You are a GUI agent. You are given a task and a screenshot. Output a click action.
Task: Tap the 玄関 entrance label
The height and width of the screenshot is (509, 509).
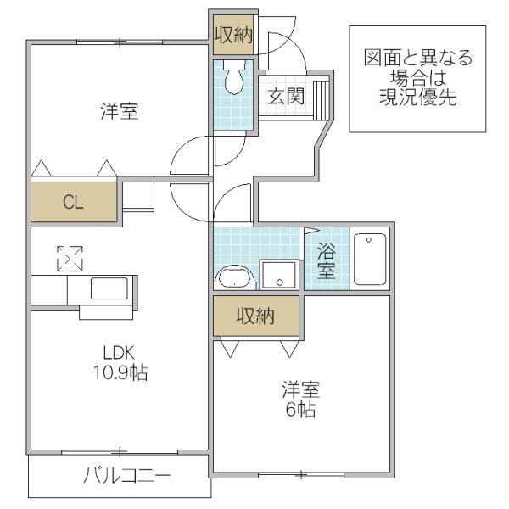tap(286, 97)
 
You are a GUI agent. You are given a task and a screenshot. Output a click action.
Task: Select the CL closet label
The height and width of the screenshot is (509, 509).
tap(73, 202)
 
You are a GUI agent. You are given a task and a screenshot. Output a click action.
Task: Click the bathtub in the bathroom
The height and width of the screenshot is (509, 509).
tap(370, 259)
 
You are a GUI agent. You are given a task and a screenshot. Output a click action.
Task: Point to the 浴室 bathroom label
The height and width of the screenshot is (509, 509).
tap(327, 260)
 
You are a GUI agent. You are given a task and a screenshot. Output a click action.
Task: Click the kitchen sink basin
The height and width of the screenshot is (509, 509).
tap(109, 288)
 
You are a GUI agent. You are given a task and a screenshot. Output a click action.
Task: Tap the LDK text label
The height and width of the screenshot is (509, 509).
tap(119, 353)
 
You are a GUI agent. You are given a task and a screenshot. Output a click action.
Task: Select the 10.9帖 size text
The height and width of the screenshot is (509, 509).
tap(120, 372)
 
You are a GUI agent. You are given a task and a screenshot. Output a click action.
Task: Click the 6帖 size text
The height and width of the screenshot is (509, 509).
tap(300, 410)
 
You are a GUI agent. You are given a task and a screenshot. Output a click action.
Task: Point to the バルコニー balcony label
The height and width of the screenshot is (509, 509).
tap(127, 476)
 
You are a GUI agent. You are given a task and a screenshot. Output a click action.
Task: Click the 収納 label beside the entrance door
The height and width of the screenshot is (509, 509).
tap(234, 35)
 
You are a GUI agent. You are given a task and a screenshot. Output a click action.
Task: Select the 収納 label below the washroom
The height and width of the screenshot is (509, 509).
tap(256, 316)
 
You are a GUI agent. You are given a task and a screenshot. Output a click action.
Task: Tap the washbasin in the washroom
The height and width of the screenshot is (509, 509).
tap(235, 277)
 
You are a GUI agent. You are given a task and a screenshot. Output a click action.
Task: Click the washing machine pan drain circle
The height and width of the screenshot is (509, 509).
tap(280, 282)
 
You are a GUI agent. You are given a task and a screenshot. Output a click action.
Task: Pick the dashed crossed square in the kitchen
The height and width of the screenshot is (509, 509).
tap(70, 259)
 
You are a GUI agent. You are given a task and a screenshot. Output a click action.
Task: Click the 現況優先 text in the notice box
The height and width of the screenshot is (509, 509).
tap(418, 97)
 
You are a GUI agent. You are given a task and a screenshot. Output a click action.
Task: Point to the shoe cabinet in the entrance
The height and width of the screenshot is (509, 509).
tap(321, 101)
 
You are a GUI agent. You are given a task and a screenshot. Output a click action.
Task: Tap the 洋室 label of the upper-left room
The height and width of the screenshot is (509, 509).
tap(120, 111)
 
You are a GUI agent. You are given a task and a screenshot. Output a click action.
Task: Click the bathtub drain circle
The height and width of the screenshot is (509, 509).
tap(369, 240)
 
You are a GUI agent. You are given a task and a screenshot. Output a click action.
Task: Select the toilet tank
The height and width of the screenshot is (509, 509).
tap(234, 64)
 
